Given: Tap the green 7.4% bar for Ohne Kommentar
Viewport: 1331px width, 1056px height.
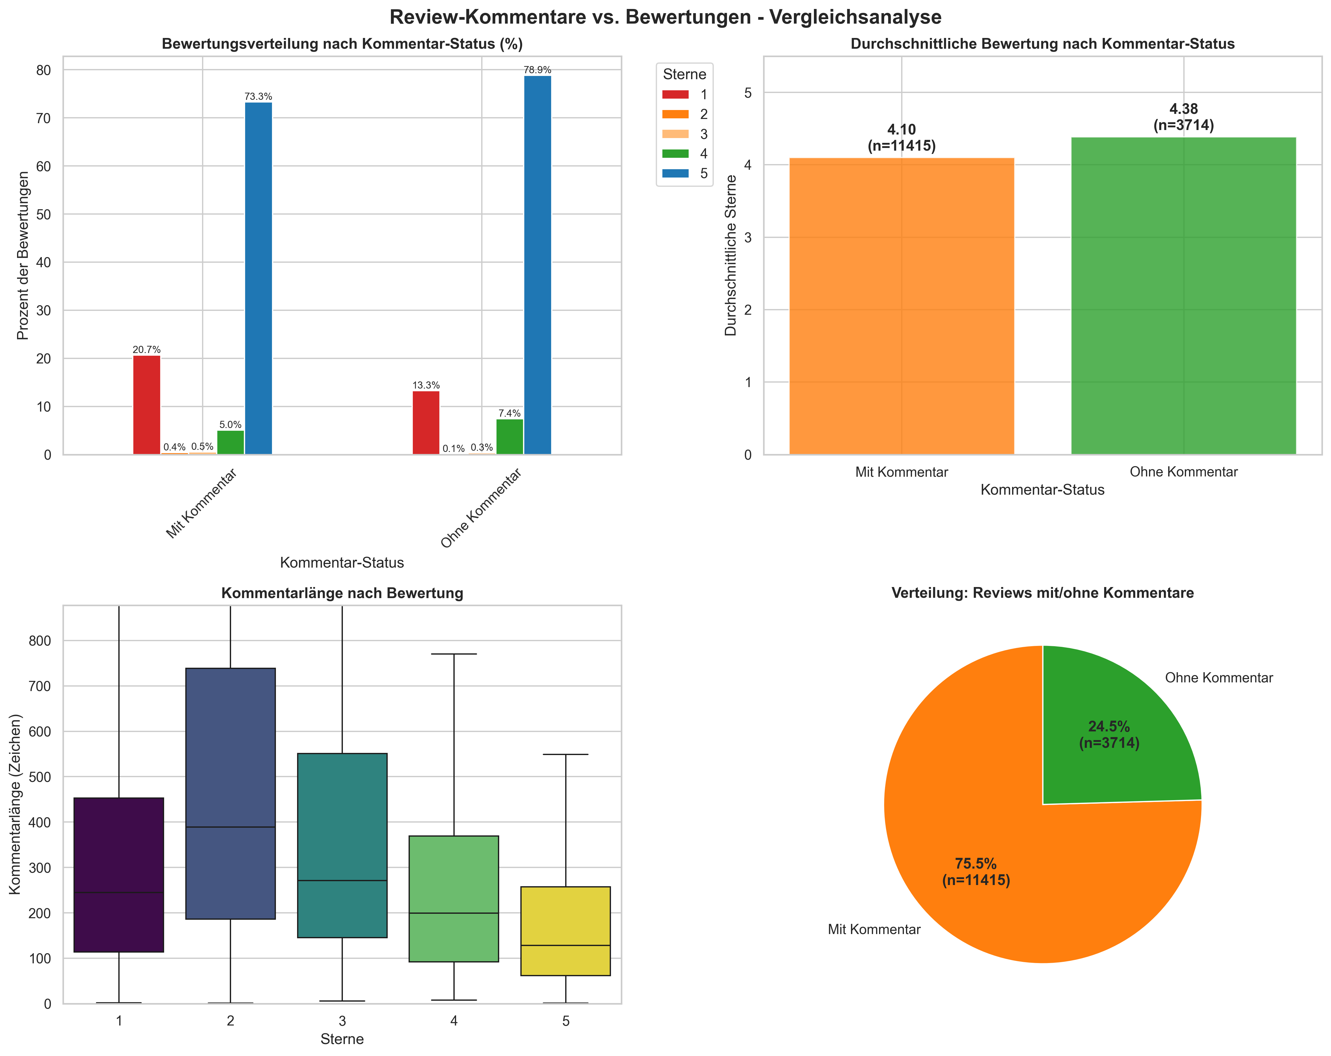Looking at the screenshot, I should (509, 437).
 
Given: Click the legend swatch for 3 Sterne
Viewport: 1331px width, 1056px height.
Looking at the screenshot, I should (676, 134).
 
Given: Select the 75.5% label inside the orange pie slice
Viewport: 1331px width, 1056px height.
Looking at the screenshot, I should (975, 864).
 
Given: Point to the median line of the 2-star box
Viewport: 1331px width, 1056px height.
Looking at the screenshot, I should (230, 827).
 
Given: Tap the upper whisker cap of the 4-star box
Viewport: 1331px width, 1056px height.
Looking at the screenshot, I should (454, 654).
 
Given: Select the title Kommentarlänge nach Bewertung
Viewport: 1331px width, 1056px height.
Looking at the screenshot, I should (342, 593).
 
